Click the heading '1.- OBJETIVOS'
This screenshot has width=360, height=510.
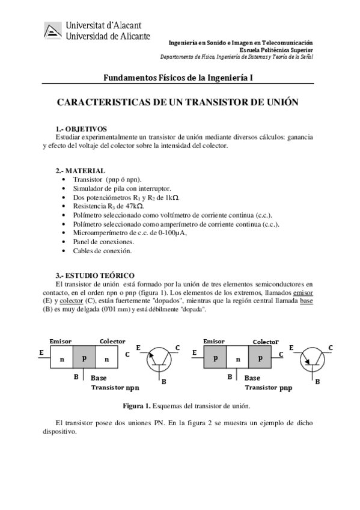click(81, 129)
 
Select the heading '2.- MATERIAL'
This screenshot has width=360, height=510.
click(80, 171)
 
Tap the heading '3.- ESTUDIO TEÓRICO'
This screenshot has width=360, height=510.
click(95, 275)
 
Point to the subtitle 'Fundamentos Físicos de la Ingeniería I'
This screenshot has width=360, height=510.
click(178, 78)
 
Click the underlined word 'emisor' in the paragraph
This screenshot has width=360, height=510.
click(303, 292)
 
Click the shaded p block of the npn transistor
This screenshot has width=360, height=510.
click(84, 358)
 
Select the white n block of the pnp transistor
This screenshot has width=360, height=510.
click(239, 359)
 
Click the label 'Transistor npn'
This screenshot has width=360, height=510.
click(115, 388)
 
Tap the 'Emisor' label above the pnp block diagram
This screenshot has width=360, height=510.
click(214, 342)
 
